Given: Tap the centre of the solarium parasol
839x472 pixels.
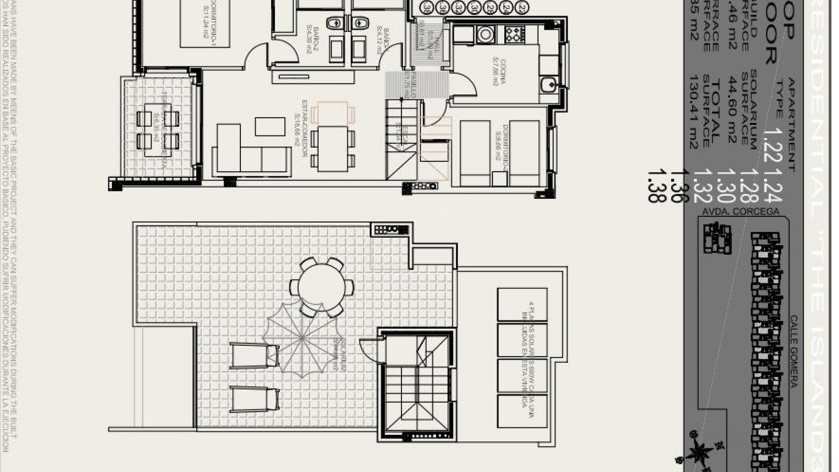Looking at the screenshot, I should point(303,338).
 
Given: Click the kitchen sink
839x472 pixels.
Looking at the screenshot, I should point(548,83).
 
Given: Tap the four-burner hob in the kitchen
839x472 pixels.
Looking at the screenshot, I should point(515,34).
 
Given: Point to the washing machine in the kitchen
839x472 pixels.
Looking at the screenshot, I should point(485,34).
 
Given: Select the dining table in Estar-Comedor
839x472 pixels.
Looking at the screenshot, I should point(333,149).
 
